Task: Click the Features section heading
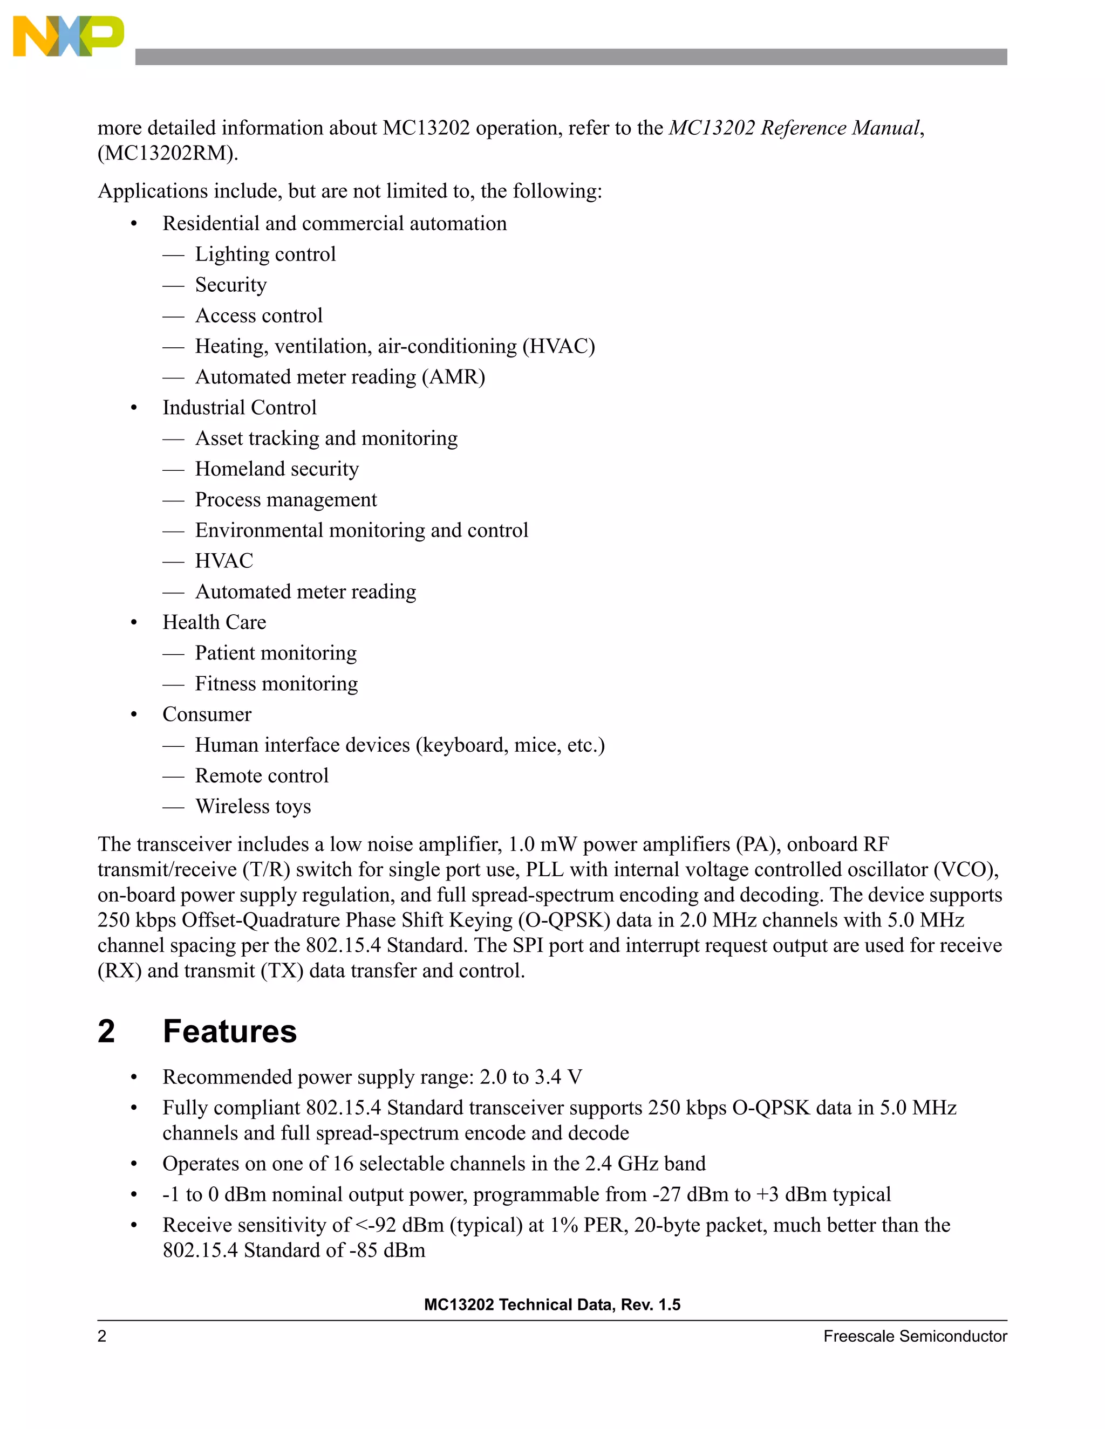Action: tap(229, 1031)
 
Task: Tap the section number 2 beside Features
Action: tap(107, 1031)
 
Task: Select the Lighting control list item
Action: tap(265, 254)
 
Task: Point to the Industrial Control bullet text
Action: tap(239, 408)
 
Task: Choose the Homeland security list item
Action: tap(276, 469)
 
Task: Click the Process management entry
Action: tap(285, 500)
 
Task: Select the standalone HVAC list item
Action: tap(224, 561)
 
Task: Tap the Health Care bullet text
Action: tap(214, 622)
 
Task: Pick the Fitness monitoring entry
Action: tap(276, 684)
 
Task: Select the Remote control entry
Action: tap(261, 775)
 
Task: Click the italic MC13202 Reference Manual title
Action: tap(794, 128)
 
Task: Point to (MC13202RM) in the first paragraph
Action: tap(168, 153)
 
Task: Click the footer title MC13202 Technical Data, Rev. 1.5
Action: tap(552, 1304)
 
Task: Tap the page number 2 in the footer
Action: tap(102, 1336)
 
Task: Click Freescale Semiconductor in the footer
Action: tap(915, 1336)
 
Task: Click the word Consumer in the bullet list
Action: tap(207, 714)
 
